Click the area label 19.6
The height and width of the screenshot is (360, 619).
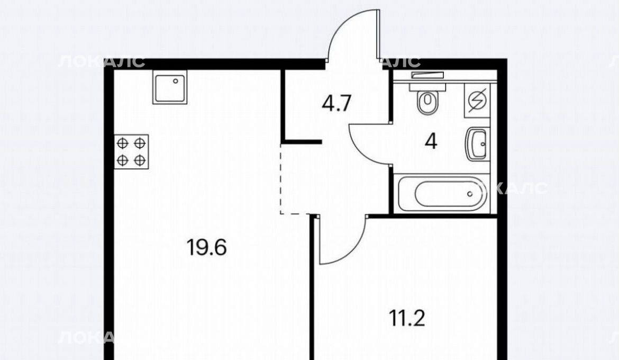point(206,248)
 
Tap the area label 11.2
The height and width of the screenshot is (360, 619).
point(407,318)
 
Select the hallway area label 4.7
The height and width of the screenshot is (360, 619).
point(336,104)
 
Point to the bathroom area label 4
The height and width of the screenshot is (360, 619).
point(431,141)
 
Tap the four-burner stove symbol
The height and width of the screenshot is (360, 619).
point(131,152)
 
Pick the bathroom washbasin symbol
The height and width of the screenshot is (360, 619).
point(477,144)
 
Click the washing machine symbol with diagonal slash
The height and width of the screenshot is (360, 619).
point(477,101)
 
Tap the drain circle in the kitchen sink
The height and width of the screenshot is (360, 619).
point(176,81)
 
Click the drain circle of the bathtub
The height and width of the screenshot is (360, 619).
point(470,194)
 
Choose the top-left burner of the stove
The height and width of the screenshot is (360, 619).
point(123,143)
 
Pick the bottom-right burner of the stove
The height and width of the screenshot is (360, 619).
point(140,160)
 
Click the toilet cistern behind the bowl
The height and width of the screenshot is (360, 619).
point(427,86)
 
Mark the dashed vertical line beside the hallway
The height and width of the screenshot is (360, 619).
point(281,178)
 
